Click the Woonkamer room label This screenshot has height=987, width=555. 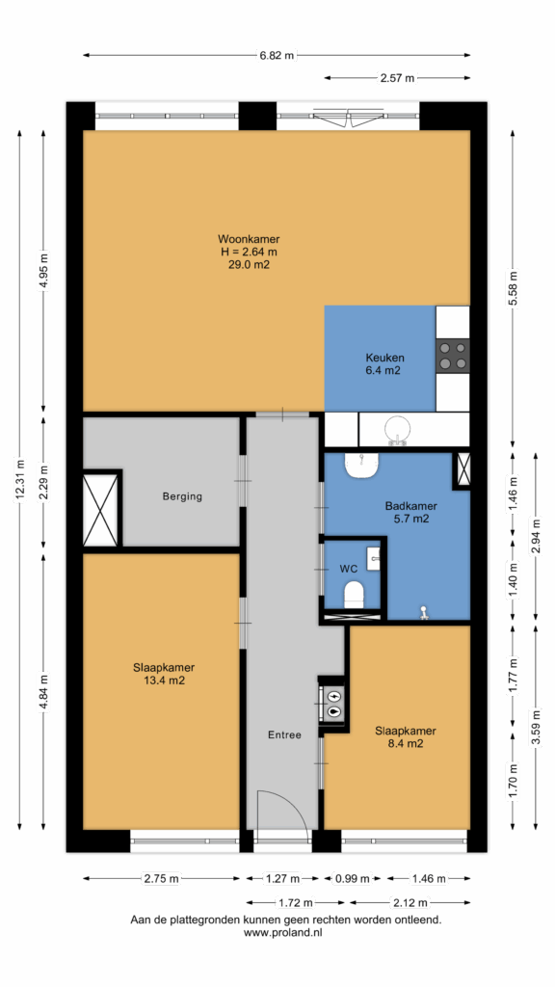(249, 239)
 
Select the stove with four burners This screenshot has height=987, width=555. (453, 356)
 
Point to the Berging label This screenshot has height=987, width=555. (182, 496)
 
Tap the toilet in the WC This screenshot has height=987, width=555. (355, 594)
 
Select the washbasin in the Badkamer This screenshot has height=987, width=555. (362, 466)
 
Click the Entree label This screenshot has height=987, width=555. (284, 734)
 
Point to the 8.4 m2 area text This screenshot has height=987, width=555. (406, 743)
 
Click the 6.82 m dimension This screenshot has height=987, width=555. (277, 55)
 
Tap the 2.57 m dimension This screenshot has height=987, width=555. (397, 78)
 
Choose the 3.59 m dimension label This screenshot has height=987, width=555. (536, 727)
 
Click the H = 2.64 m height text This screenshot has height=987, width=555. (249, 252)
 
